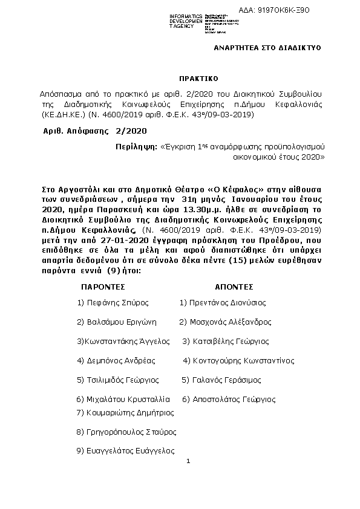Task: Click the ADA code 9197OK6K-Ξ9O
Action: click(x=309, y=10)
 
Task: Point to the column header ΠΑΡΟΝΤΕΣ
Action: click(x=103, y=287)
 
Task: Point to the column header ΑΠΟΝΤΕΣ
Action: click(x=234, y=287)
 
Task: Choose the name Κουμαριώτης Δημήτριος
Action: click(x=125, y=413)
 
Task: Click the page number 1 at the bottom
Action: click(x=189, y=462)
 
